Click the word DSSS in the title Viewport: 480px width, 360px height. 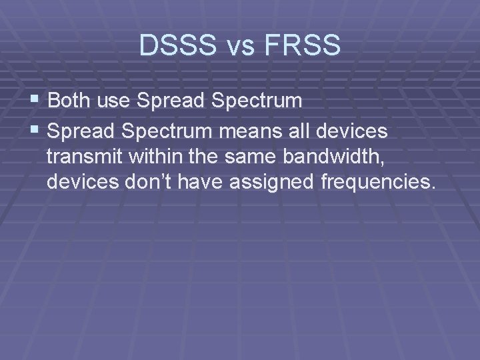coord(176,45)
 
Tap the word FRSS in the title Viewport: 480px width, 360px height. coord(303,45)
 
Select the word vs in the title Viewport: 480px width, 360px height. coord(238,47)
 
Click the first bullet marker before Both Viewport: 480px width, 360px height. coord(37,101)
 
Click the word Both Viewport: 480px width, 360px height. coord(70,101)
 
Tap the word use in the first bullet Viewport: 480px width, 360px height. coord(115,101)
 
